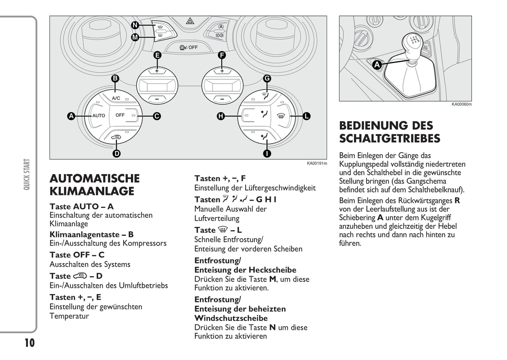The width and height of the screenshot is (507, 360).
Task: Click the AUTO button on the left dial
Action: (x=98, y=115)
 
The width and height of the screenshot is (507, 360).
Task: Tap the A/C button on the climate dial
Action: (x=116, y=98)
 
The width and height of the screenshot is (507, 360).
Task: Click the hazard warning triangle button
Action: (x=190, y=22)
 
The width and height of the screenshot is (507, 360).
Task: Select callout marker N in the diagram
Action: (x=135, y=25)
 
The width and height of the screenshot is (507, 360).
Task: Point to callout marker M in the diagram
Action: (x=135, y=37)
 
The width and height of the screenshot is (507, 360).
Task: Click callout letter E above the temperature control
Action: (x=157, y=55)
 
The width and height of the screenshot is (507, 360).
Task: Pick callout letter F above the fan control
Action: (x=222, y=55)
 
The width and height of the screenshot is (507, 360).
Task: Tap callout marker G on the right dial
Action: (x=267, y=78)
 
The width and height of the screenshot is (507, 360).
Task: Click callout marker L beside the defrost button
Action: (x=306, y=116)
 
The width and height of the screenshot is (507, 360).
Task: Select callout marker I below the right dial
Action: (x=267, y=153)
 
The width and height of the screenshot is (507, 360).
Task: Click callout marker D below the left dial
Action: (x=116, y=153)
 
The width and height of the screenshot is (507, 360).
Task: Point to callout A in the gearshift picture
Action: (x=377, y=65)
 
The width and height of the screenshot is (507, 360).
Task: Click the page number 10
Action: (x=29, y=343)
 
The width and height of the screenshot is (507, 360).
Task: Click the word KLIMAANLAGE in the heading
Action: (x=92, y=191)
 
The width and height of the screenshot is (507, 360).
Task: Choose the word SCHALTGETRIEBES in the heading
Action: (x=389, y=138)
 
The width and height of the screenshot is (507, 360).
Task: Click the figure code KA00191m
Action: (x=316, y=163)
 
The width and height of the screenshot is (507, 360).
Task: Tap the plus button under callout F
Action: (x=222, y=71)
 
